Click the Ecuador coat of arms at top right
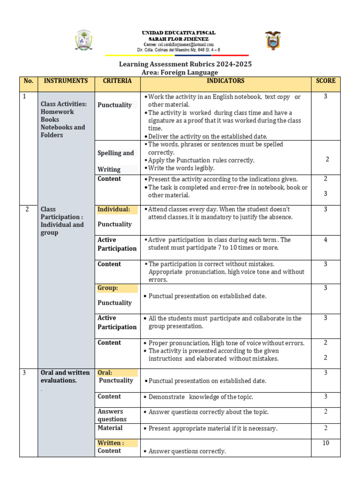(273, 41)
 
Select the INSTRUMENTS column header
(66, 81)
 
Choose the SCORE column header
(325, 81)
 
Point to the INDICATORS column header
(226, 81)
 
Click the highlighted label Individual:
(114, 210)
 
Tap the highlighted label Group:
(108, 288)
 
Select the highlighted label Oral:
(105, 373)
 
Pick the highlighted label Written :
(111, 443)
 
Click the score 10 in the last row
(325, 443)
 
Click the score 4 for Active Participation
(325, 240)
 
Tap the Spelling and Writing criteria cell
(115, 161)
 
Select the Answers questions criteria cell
(112, 415)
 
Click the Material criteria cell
(110, 428)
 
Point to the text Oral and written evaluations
(65, 376)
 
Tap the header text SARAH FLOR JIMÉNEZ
(179, 38)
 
